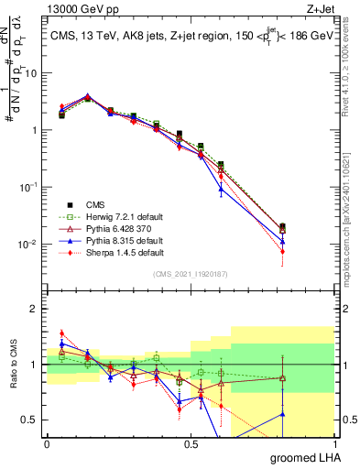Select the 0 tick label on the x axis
tap(47, 443)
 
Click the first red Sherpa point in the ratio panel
tap(61, 333)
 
